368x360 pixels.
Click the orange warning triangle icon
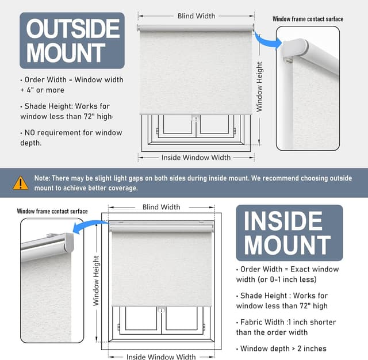21,183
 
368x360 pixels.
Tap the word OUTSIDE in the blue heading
73,29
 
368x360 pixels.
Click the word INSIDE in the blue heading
283,221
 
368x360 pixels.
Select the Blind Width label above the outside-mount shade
197,16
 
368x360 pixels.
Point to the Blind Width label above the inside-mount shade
162,207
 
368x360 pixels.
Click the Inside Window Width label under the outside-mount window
196,158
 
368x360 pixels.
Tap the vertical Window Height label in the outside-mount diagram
259,87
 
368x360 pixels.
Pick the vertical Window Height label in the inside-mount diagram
96,281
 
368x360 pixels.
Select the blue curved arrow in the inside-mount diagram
89,226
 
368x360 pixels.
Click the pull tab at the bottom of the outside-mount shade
195,117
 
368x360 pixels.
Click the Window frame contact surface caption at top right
308,19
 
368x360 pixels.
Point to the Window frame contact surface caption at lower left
52,211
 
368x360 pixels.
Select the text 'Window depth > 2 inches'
283,348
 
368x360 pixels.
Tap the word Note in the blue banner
42,178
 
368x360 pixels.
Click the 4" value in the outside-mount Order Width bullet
30,90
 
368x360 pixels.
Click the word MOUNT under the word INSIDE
287,245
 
